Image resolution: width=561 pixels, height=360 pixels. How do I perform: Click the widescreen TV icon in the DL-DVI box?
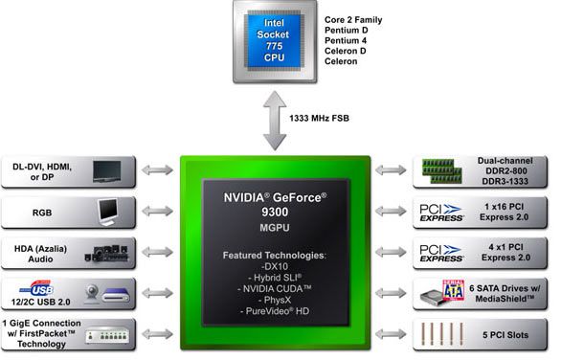pyautogui.click(x=112, y=171)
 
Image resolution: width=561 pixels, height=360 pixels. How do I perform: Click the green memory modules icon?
pyautogui.click(x=441, y=172)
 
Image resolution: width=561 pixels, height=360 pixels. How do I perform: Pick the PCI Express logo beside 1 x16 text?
pyautogui.click(x=441, y=213)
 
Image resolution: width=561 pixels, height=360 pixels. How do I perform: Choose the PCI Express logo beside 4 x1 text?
pyautogui.click(x=441, y=254)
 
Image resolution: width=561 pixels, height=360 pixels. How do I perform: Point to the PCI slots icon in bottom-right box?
pyautogui.click(x=441, y=335)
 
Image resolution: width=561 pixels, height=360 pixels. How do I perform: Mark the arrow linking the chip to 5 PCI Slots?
pyautogui.click(x=390, y=334)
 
